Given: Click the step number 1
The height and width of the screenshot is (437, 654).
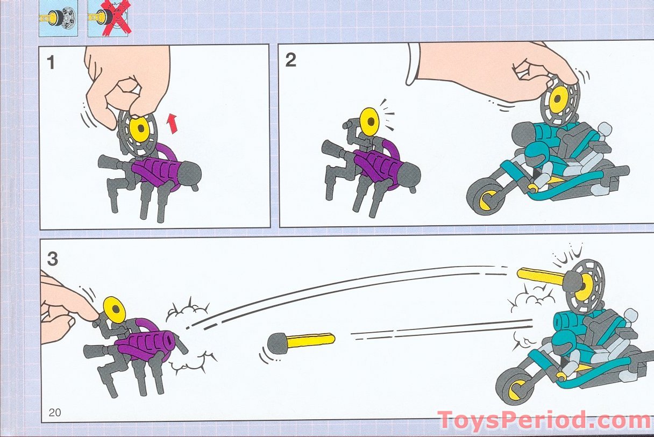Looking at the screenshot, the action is pos(51,63).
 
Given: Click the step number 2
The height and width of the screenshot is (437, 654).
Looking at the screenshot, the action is pos(290,61).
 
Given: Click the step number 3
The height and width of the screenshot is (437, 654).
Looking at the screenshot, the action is pos(53,259).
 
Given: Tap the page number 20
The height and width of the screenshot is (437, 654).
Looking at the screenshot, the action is pos(55,412).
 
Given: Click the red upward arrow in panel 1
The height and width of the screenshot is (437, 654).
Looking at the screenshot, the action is pos(172,124).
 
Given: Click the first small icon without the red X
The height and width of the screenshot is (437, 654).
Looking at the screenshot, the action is pos(59,19).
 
